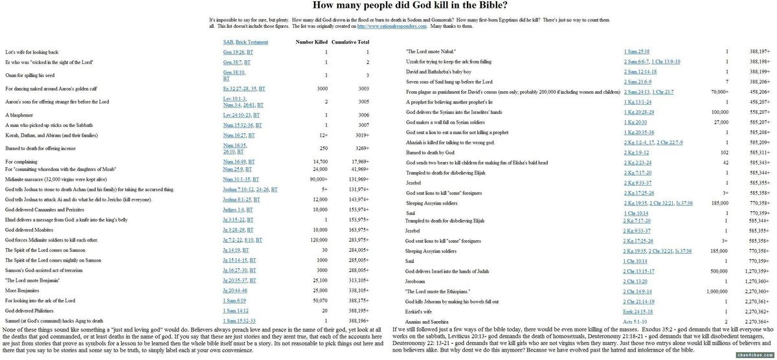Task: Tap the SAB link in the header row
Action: [227, 42]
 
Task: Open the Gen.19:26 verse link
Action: [233, 52]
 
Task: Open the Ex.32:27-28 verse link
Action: [236, 88]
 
